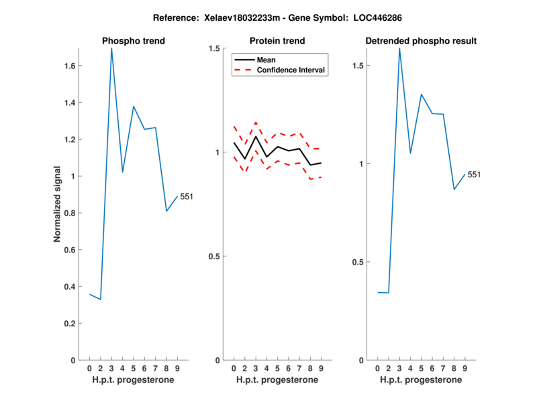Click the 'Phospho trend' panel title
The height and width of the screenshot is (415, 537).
click(133, 41)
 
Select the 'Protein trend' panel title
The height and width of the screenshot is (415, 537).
click(277, 41)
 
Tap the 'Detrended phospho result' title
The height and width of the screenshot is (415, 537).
click(421, 41)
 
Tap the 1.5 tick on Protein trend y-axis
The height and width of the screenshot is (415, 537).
click(214, 48)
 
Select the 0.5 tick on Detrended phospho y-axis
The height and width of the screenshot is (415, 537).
click(358, 262)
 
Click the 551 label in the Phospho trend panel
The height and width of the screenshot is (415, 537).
click(187, 196)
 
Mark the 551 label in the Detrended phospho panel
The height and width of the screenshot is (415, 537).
click(474, 175)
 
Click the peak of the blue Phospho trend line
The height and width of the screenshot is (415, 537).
click(111, 48)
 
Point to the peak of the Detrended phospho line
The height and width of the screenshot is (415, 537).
click(399, 48)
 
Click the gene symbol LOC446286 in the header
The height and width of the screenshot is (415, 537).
click(373, 17)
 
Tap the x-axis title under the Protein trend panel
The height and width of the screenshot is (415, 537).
click(277, 380)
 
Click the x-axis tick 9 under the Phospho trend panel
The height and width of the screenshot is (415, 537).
click(177, 369)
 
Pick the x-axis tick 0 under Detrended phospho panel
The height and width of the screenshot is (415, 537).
click(378, 369)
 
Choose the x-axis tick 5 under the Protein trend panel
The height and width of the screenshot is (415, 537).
click(277, 369)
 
